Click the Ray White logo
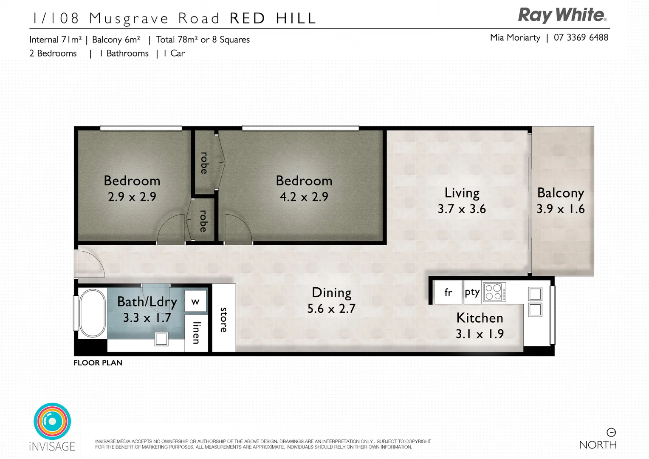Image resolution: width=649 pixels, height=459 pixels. pos(562,15)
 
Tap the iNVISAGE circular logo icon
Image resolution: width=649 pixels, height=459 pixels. pos(52,421)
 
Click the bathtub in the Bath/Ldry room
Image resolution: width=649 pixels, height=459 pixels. pos(92,313)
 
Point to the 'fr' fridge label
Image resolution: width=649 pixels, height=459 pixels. pos(448,292)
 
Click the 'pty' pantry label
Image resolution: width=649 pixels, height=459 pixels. pos(472,292)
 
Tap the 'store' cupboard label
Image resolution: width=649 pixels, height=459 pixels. pos(224,320)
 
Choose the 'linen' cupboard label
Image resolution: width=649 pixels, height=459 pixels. pos(196,332)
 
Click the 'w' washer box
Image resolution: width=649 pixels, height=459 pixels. pos(195,302)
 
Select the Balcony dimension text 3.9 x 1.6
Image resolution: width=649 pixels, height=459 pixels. pos(560,209)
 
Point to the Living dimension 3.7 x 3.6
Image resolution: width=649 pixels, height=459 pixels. pos(462,209)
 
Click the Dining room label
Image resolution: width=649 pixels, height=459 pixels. pos(331,292)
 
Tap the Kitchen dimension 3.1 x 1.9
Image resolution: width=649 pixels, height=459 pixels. pos(480,334)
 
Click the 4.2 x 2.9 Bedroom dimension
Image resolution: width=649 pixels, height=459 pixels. pos(304,197)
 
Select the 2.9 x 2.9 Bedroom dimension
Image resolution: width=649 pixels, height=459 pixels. pos(132,197)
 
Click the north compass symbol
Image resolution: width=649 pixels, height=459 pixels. pos(611,432)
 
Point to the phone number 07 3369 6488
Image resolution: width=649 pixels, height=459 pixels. pos(581,37)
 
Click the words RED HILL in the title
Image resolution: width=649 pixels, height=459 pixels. pos(273,18)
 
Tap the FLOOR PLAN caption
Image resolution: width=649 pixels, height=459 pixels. pos(98,363)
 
